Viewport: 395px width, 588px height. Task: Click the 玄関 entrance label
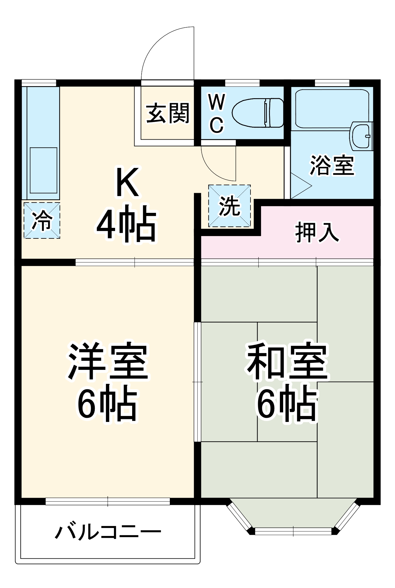[167, 113]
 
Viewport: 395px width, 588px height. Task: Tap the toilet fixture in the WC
[258, 113]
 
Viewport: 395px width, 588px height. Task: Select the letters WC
[217, 113]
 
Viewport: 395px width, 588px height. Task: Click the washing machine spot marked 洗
[230, 206]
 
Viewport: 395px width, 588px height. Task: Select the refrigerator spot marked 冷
[42, 220]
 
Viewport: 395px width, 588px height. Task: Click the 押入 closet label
[317, 233]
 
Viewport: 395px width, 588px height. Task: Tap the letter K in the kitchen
[127, 182]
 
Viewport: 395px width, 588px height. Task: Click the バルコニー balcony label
[108, 532]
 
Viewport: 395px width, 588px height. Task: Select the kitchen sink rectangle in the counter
[44, 170]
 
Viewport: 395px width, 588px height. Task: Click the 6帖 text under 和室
[287, 403]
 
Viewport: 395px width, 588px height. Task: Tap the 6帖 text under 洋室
[108, 403]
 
